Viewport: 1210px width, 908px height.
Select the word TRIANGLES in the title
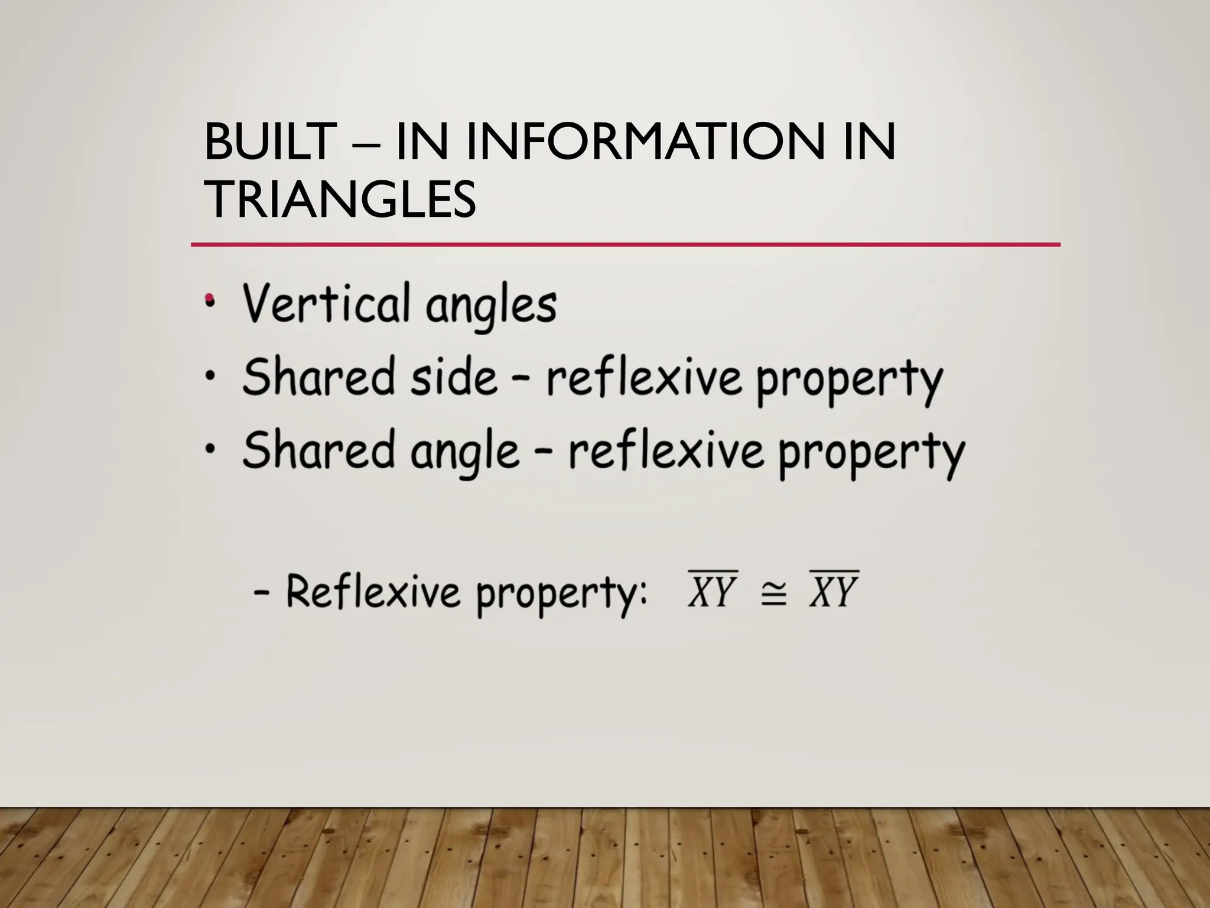[x=340, y=200]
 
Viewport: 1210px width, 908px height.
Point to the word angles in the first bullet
[x=491, y=306]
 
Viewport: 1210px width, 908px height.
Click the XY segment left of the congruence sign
[x=713, y=591]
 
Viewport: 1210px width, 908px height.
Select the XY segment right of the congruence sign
[x=834, y=591]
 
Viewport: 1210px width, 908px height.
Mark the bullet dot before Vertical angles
[x=209, y=301]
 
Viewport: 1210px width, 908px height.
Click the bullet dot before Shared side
[x=209, y=376]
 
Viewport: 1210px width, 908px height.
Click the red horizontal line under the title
[x=625, y=244]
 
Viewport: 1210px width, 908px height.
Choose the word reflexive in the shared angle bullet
[x=666, y=450]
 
